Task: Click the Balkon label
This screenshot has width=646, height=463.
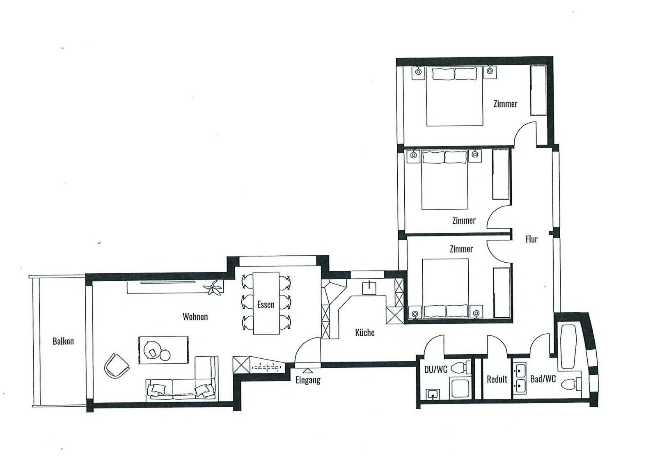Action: (63, 341)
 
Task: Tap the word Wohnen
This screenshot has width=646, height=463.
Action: (195, 316)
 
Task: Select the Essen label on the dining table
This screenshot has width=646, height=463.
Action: (266, 305)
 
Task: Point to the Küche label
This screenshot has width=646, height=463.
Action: (364, 332)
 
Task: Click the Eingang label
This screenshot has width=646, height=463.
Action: (308, 380)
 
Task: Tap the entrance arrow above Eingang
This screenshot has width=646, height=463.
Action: (307, 371)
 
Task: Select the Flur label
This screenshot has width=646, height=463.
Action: (531, 239)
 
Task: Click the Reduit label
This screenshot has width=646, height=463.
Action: (497, 379)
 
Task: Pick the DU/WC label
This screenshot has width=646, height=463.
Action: (435, 369)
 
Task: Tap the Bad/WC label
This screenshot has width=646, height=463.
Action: (543, 379)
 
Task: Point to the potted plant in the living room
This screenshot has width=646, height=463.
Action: (214, 288)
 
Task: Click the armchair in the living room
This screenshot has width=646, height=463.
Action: (116, 365)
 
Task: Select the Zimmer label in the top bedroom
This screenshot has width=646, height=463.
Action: (505, 104)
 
